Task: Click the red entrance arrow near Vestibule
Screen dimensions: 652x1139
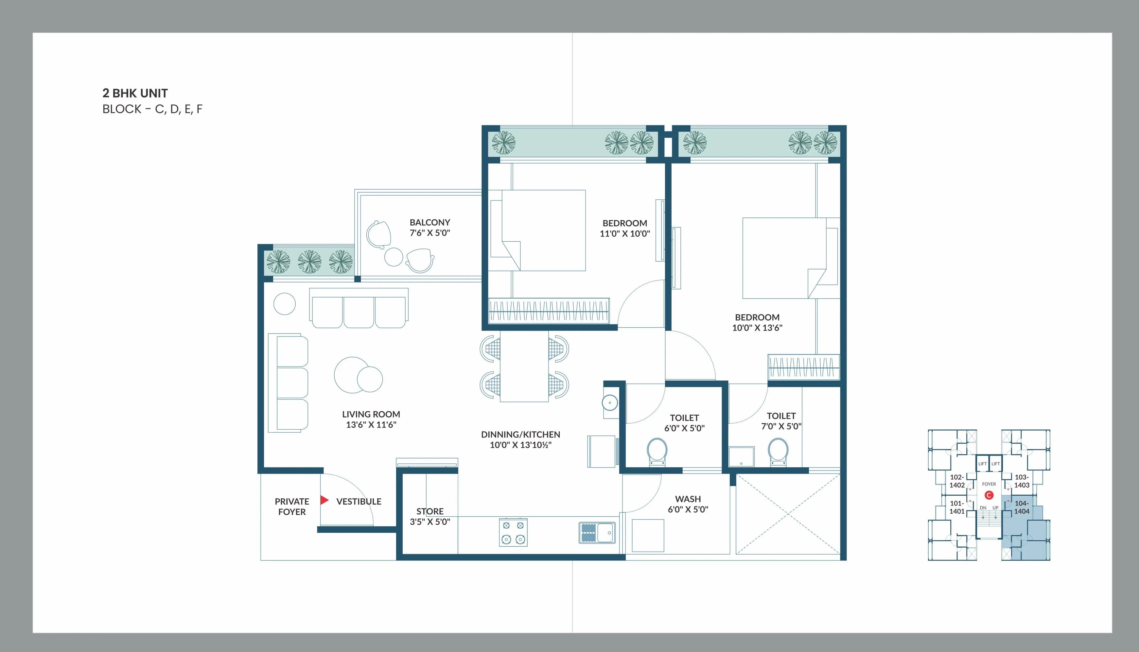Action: click(x=324, y=500)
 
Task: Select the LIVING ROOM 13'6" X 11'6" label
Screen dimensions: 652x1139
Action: click(x=371, y=420)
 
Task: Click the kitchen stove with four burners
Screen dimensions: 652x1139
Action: click(x=513, y=532)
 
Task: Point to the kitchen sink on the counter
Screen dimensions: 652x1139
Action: click(x=597, y=533)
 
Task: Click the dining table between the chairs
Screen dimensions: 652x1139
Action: click(x=524, y=366)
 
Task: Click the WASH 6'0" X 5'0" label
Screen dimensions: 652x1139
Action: click(x=688, y=504)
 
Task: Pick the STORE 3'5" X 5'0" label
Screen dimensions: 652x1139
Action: click(x=429, y=516)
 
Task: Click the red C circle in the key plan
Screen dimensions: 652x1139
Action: click(x=989, y=495)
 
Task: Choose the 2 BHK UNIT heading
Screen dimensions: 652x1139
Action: click(x=135, y=93)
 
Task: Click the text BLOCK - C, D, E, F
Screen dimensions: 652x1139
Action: click(x=152, y=109)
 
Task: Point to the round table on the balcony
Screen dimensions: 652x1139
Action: click(x=394, y=257)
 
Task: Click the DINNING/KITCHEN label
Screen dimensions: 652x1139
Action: click(x=520, y=439)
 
